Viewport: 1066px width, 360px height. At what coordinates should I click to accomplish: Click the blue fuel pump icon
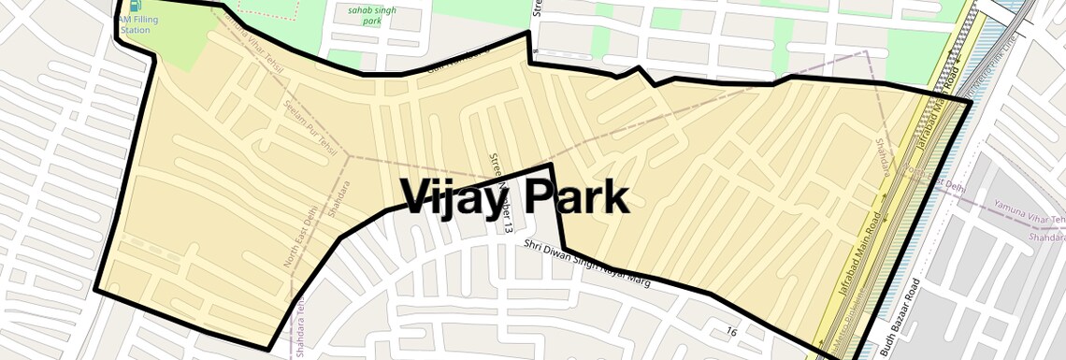(122, 7)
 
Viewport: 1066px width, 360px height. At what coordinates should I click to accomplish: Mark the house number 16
(731, 331)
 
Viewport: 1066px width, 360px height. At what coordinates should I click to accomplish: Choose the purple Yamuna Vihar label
(1030, 220)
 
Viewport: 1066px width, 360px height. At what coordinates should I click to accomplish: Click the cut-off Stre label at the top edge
(538, 9)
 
